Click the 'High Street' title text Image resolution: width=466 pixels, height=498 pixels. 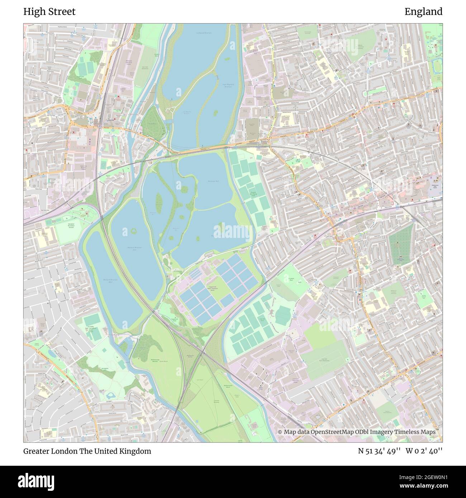49,12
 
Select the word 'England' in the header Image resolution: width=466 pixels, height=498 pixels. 423,12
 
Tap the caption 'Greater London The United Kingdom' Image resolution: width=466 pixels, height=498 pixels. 87,451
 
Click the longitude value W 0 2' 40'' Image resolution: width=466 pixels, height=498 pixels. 424,451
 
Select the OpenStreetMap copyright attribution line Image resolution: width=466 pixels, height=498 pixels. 357,432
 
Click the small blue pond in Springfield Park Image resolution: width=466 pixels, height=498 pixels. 110,395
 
